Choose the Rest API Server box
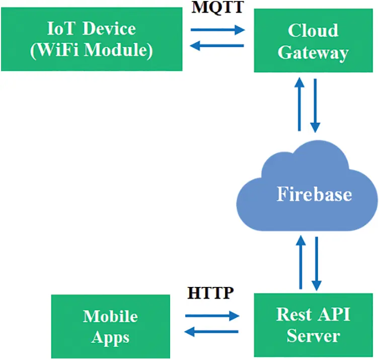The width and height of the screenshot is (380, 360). tap(313, 325)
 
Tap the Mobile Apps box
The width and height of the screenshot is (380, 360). tap(110, 326)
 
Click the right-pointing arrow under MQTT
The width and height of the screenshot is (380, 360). tap(217, 30)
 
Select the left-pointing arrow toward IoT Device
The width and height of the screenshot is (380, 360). tap(217, 46)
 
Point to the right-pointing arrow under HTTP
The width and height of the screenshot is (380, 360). tap(211, 316)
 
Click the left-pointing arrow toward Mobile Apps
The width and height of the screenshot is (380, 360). tap(211, 332)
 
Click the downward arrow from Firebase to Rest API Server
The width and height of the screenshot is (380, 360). tap(317, 262)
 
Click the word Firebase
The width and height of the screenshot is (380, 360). tap(314, 194)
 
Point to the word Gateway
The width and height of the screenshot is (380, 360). tap(313, 52)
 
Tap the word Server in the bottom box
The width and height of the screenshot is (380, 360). tap(313, 335)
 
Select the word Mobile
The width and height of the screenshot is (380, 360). tap(110, 316)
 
